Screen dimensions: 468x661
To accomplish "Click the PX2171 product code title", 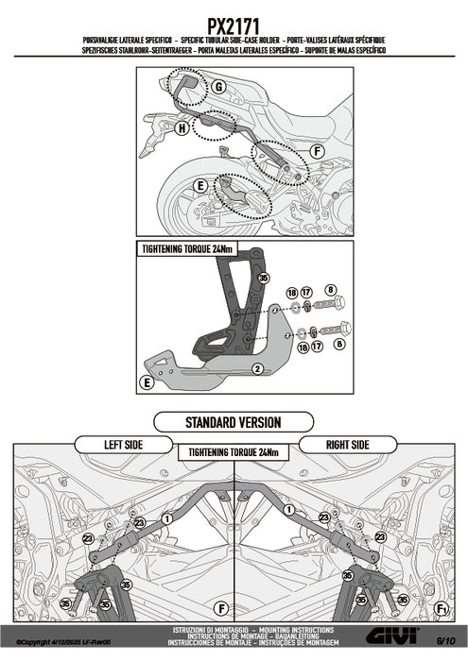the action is (233, 26).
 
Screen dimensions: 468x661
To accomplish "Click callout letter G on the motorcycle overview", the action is (218, 87).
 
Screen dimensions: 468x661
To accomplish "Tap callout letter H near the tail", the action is (182, 127).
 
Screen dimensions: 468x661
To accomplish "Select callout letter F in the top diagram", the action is (318, 151).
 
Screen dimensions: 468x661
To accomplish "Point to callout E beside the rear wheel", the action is (200, 185).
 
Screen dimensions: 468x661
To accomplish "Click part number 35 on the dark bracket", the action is (264, 278).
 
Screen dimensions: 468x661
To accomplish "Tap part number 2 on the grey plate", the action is (257, 369).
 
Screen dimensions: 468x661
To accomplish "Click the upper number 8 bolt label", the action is (330, 290).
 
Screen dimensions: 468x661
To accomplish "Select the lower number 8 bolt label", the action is (339, 344).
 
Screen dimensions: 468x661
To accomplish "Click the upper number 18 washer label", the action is (292, 293).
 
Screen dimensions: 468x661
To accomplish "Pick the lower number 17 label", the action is (317, 347).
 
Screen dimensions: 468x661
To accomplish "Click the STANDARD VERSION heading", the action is (234, 422).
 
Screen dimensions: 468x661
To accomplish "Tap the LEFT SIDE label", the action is (123, 445).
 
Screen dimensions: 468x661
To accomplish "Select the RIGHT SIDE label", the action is (348, 445).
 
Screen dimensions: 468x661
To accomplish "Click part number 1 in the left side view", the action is (167, 518).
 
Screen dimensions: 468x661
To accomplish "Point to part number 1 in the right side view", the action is (289, 510).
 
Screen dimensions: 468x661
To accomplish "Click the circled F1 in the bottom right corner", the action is (441, 609).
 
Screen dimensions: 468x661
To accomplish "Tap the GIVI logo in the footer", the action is (392, 636).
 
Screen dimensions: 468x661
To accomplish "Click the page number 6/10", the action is (445, 641).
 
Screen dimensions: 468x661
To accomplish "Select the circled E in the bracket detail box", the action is (147, 382).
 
